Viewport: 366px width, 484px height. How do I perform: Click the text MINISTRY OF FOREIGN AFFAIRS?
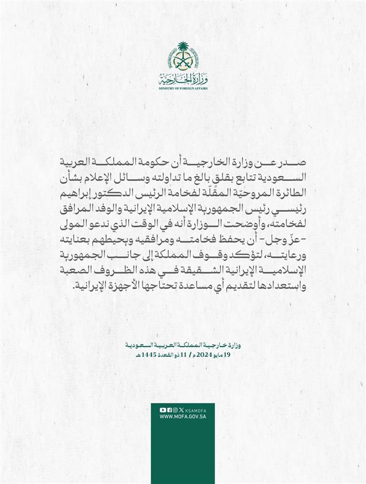coord(183,89)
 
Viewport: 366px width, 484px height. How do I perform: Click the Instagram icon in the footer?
coord(175,410)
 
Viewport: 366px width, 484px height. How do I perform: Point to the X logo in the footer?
coord(181,410)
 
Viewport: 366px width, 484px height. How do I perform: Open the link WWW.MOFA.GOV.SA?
coord(183,417)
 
